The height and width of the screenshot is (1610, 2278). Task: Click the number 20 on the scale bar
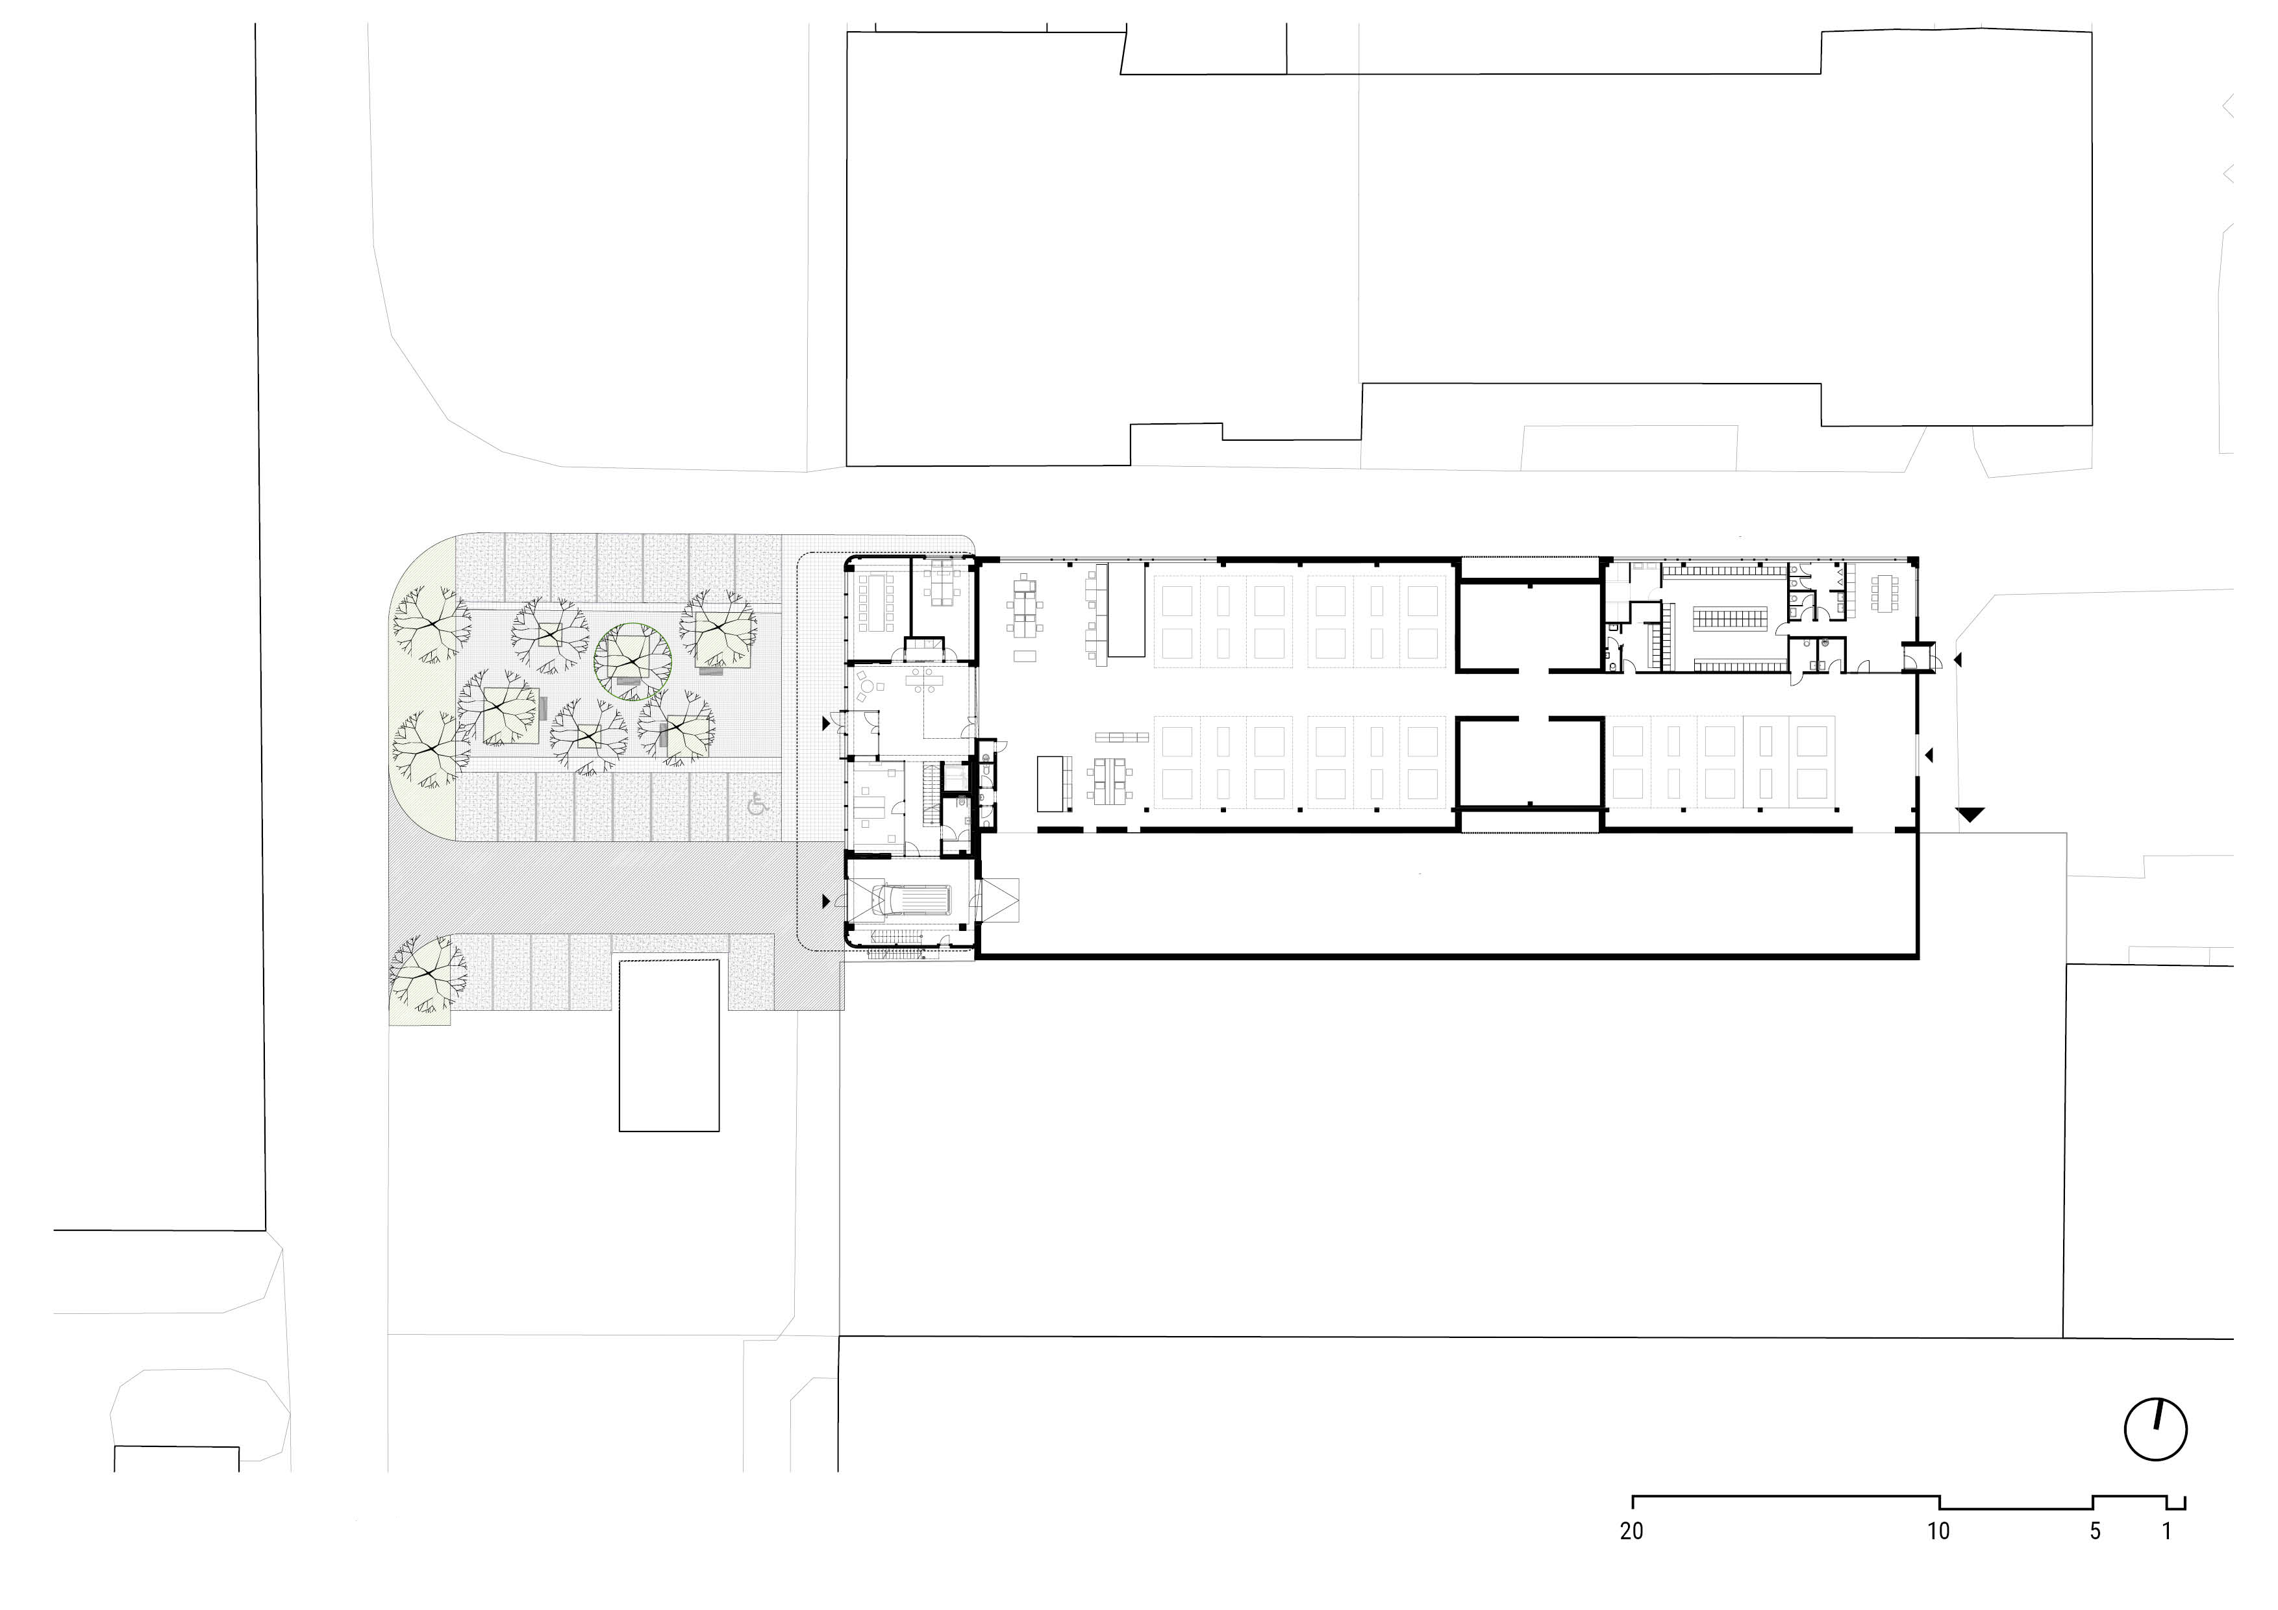(1631, 1531)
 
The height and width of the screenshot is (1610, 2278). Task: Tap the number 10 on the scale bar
(1938, 1531)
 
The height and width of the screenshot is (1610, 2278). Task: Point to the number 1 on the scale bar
(2167, 1531)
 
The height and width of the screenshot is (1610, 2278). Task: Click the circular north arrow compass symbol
(2155, 1430)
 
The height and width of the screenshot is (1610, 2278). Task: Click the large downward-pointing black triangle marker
(1970, 815)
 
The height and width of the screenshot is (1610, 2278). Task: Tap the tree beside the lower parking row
(428, 974)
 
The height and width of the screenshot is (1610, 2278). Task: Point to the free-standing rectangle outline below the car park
(669, 1046)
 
